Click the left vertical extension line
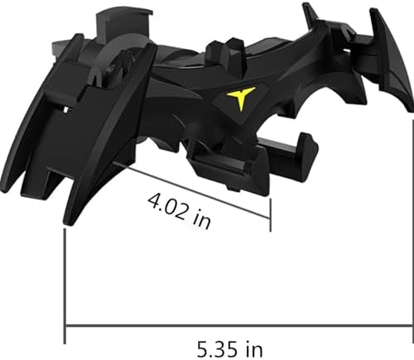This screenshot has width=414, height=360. click(x=65, y=281)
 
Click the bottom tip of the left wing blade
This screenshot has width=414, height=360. click(x=68, y=222)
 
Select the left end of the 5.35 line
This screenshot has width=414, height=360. click(x=65, y=325)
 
